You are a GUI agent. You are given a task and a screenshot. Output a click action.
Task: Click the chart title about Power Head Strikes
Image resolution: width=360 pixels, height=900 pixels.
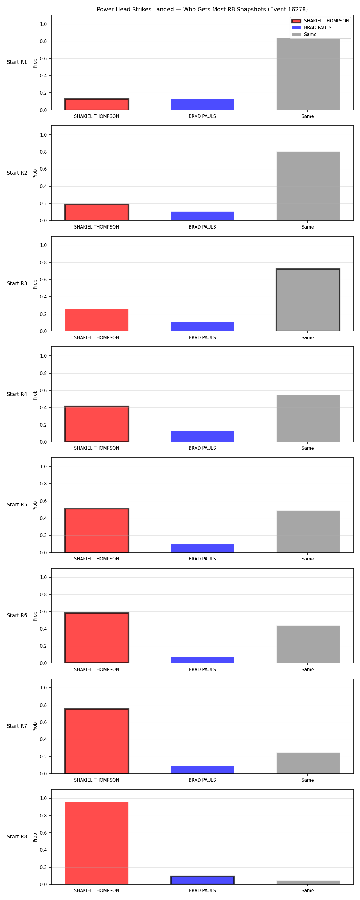[x=202, y=9]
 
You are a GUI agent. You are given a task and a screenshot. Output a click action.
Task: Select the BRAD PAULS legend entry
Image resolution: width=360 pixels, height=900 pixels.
[x=317, y=28]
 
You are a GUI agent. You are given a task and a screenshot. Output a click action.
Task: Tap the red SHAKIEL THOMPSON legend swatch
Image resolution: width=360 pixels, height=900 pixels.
[x=296, y=21]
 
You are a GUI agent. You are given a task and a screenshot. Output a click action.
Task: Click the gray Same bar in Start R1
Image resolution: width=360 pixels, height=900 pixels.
[x=308, y=74]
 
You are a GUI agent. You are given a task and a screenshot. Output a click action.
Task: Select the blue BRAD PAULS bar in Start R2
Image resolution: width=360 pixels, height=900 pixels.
[x=202, y=216]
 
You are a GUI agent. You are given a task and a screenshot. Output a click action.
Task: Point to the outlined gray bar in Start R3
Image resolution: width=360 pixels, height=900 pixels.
[x=308, y=300]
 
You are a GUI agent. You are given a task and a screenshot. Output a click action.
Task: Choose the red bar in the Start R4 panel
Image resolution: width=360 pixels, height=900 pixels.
[x=97, y=424]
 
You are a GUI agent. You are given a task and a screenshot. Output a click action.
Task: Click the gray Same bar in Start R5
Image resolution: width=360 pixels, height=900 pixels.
[x=308, y=531]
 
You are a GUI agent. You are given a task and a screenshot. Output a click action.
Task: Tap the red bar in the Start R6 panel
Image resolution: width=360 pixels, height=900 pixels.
[x=97, y=637]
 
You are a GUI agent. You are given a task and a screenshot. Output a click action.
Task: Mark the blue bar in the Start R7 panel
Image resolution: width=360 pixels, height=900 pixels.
[x=202, y=770]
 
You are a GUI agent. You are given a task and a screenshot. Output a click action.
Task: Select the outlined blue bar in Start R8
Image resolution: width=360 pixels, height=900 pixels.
[x=202, y=880]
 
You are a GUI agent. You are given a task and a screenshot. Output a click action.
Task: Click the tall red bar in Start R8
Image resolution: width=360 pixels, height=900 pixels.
[x=97, y=843]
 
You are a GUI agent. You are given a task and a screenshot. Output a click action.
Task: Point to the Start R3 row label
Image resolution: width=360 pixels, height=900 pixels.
[x=17, y=283]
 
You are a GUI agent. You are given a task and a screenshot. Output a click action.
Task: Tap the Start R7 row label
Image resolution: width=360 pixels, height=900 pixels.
[x=17, y=726]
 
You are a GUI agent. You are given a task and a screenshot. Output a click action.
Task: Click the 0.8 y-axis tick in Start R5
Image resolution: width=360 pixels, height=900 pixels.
[x=43, y=484]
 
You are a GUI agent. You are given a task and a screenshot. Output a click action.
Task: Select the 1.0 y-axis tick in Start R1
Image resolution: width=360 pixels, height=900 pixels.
[x=43, y=24]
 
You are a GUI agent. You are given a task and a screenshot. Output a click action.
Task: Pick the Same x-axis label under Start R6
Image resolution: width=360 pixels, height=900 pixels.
[x=307, y=669]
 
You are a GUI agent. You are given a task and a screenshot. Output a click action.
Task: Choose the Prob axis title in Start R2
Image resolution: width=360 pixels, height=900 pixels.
[x=35, y=174]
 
